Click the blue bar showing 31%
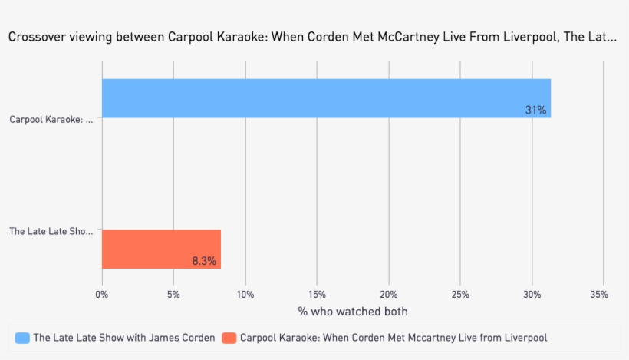click(x=326, y=98)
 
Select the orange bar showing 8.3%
click(x=161, y=249)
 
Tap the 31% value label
click(x=535, y=111)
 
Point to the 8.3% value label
click(x=204, y=261)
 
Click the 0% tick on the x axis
click(x=102, y=294)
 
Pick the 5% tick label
click(x=173, y=294)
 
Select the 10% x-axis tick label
click(x=245, y=294)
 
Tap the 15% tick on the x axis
click(x=317, y=294)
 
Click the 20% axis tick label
click(x=389, y=294)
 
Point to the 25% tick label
click(x=461, y=294)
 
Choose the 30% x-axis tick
click(x=532, y=294)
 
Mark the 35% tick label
click(x=600, y=294)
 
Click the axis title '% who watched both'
click(x=353, y=312)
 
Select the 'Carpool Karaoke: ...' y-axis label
click(x=51, y=119)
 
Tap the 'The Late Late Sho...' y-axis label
click(x=51, y=230)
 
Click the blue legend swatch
click(x=22, y=338)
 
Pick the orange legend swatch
click(x=229, y=338)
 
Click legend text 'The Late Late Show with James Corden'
click(x=124, y=338)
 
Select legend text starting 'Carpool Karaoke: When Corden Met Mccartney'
click(x=394, y=338)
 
